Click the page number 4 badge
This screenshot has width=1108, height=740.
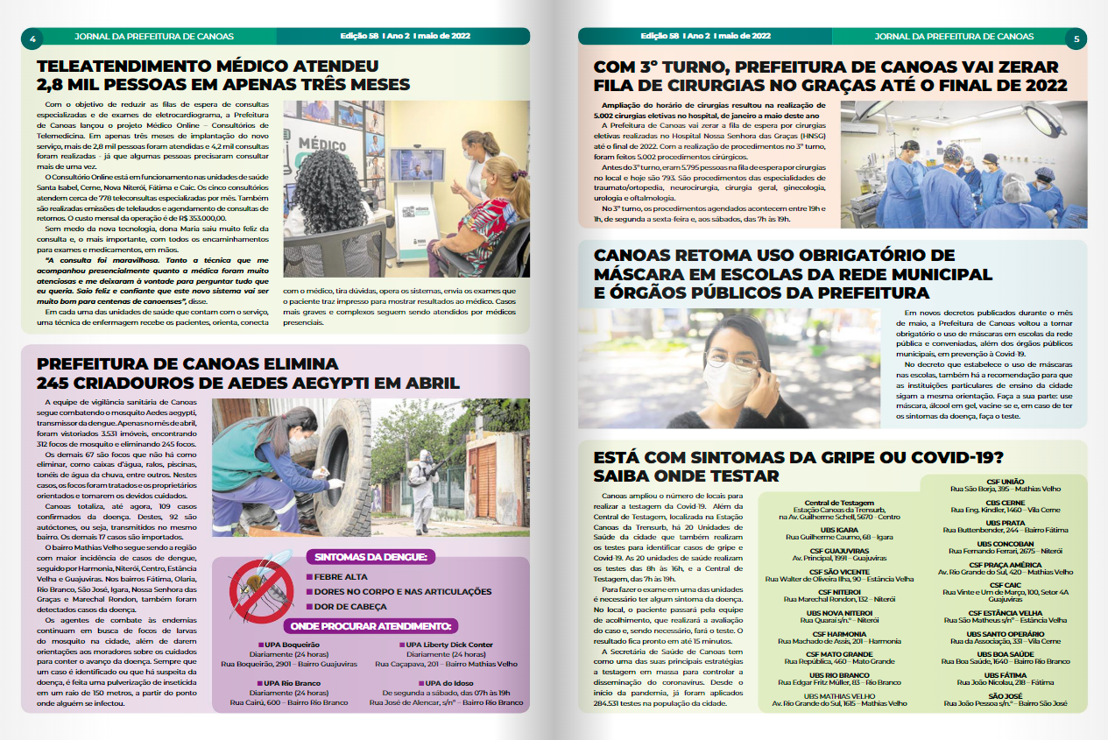(32, 38)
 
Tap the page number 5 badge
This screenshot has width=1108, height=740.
(1076, 38)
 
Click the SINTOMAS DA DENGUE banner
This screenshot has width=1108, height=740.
(371, 557)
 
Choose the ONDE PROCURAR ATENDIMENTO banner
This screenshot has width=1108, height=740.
(371, 625)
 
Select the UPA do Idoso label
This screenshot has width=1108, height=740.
(449, 682)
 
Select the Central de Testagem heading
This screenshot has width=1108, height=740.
(839, 503)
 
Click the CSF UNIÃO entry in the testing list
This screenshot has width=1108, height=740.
(1006, 482)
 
